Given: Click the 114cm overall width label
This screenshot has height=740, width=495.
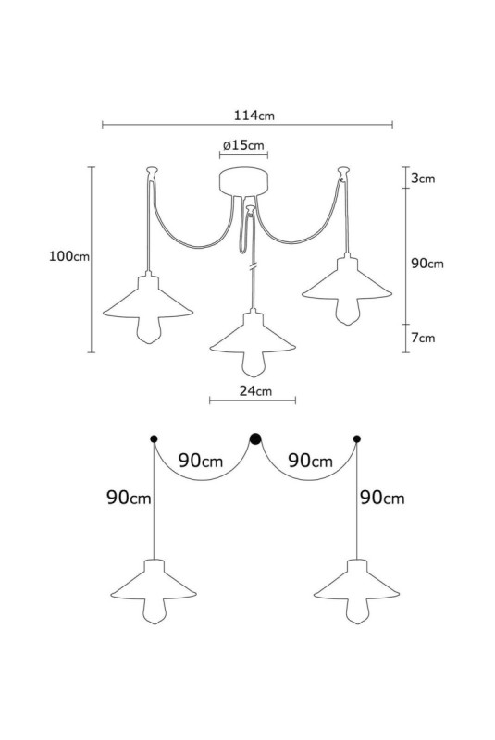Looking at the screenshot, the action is click(254, 115).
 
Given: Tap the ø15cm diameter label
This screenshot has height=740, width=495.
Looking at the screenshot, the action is click(243, 145).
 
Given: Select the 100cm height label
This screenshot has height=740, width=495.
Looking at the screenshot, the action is click(68, 256).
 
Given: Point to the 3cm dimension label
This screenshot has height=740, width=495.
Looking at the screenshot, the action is click(423, 179).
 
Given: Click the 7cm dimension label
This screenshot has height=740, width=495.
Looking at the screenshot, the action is click(423, 338).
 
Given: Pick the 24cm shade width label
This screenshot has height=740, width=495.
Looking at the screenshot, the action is click(255, 390).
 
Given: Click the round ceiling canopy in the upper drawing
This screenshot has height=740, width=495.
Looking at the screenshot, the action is click(243, 181).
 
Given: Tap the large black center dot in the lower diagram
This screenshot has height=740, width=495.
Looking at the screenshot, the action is click(255, 438).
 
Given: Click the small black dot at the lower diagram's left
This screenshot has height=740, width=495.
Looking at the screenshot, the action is click(154, 438).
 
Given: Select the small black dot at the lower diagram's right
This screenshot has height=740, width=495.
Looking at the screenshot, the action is click(357, 438).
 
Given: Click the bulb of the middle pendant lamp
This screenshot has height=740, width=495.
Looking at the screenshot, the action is click(254, 364).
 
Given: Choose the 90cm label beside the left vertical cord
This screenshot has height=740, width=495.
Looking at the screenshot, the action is click(129, 498).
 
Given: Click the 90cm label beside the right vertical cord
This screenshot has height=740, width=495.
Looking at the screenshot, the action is click(382, 498).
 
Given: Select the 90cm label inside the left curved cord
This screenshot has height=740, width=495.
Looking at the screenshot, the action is click(201, 461).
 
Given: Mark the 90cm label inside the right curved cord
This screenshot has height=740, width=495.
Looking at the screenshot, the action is click(310, 461).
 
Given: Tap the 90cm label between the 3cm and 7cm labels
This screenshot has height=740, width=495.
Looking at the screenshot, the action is click(427, 264).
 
